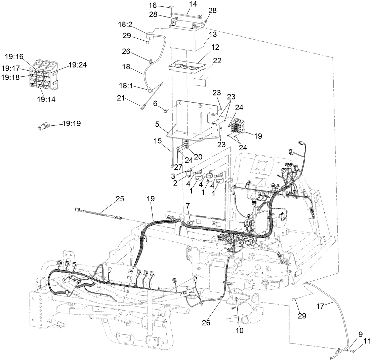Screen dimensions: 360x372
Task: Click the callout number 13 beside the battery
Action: click(213, 34)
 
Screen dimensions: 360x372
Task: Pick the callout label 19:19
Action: click(72, 124)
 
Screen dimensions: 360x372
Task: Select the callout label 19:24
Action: click(78, 65)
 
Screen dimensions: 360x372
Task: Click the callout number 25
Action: click(120, 198)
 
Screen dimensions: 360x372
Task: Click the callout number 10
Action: click(239, 330)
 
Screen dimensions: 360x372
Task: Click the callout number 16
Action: click(162, 5)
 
